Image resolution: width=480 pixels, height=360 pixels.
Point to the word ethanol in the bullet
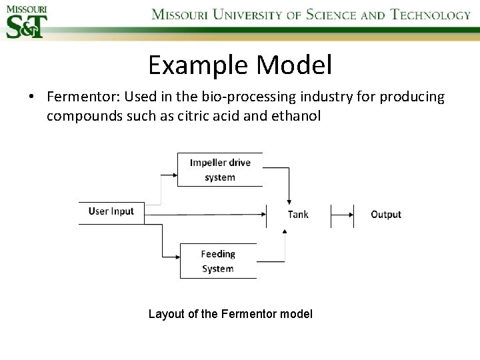point(297,116)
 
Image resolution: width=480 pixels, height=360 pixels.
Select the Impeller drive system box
point(220,170)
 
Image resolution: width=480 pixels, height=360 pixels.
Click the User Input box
point(111,212)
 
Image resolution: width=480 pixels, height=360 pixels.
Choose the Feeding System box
point(218,261)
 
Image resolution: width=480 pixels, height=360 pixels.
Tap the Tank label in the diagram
point(298,214)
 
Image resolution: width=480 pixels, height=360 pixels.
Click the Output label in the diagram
point(385,214)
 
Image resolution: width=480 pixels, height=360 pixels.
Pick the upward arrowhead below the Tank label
point(285,231)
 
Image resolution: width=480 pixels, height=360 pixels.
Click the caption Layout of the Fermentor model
point(230,314)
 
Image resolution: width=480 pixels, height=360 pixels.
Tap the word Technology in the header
point(430,15)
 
